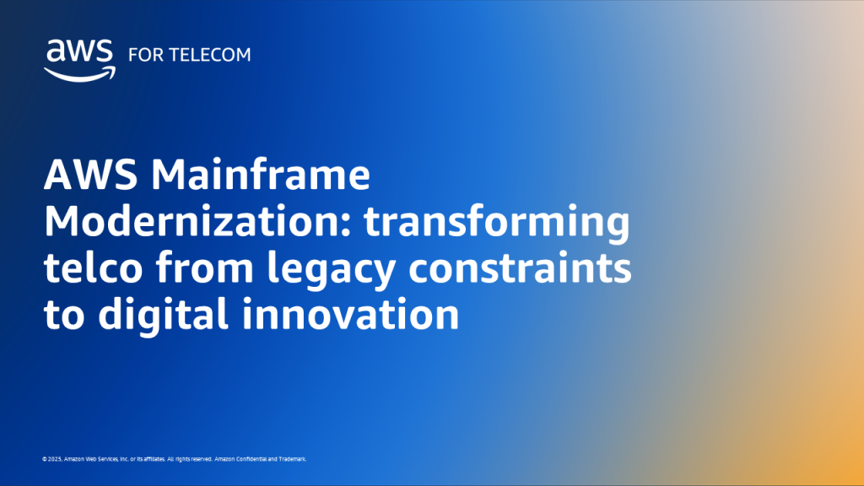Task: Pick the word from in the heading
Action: [x=215, y=270]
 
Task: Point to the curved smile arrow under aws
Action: [x=78, y=74]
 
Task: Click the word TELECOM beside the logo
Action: [x=211, y=55]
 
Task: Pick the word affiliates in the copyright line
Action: [x=150, y=459]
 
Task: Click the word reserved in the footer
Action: [x=199, y=459]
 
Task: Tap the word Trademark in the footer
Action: [x=292, y=459]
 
